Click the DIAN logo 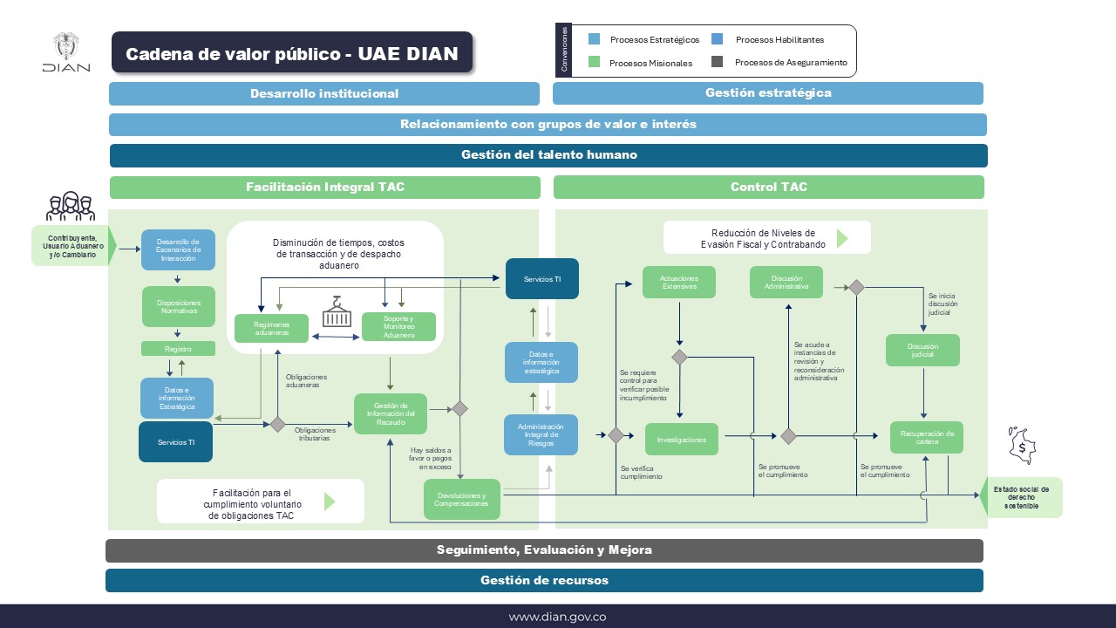[x=65, y=53]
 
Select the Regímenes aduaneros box [x=272, y=328]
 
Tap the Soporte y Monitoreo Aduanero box [x=398, y=326]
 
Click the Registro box [x=178, y=349]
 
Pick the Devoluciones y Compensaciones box [x=462, y=499]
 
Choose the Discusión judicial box [x=922, y=350]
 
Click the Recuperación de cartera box [x=926, y=437]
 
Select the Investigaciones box [x=682, y=440]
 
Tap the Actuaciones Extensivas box [x=679, y=282]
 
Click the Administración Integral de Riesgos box [x=541, y=434]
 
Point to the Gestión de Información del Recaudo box [x=391, y=413]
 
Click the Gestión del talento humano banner [x=548, y=155]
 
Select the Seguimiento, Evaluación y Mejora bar [x=544, y=550]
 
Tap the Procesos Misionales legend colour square [x=595, y=62]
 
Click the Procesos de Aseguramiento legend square [x=718, y=62]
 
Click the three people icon [x=70, y=207]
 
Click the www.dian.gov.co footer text [x=557, y=617]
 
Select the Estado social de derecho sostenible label [x=1021, y=497]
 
